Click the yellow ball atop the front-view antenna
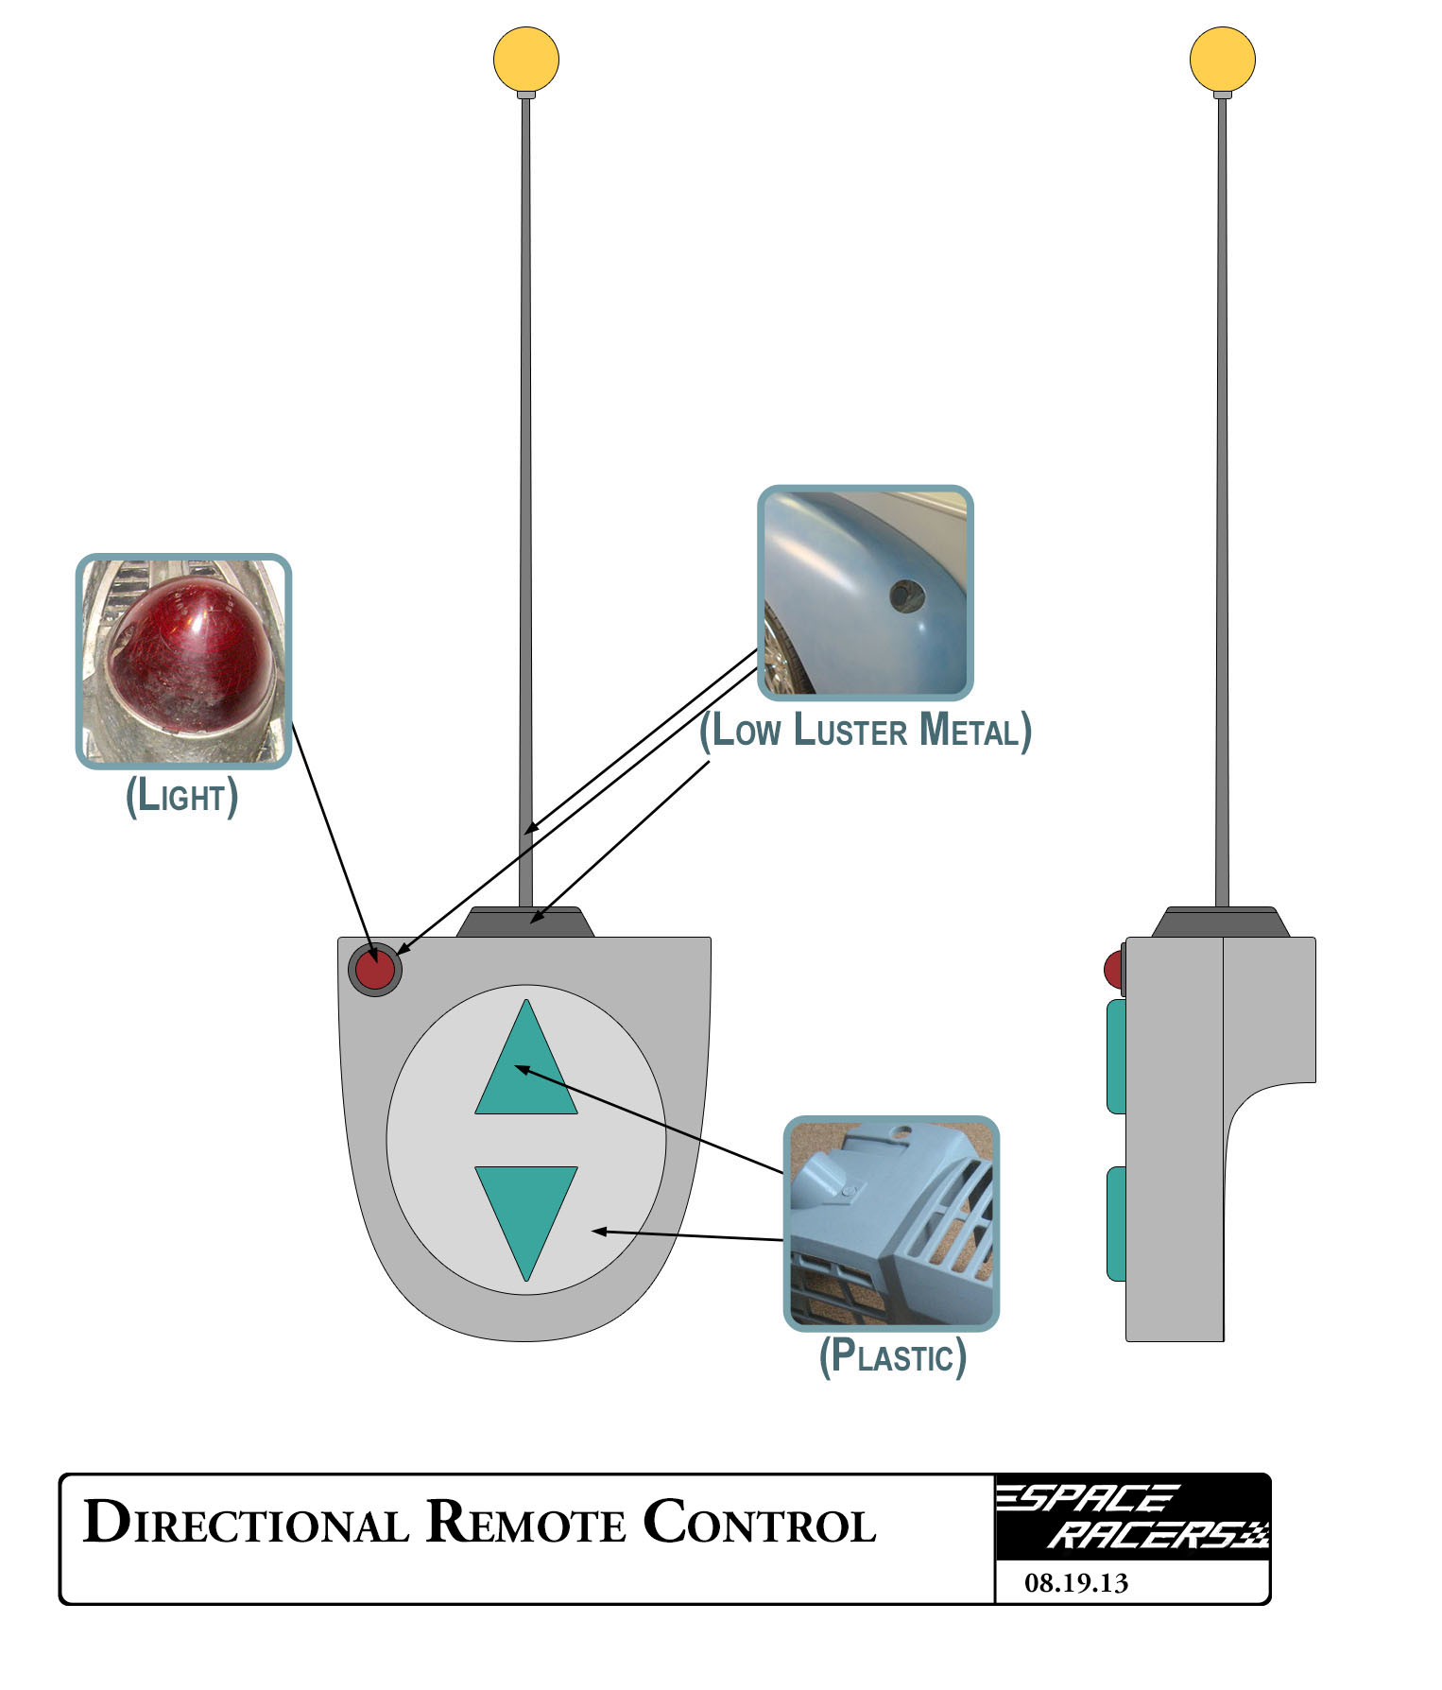(x=526, y=59)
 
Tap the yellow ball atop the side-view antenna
(x=1222, y=59)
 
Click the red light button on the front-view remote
(x=375, y=970)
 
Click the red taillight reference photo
(x=183, y=661)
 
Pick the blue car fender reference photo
(x=865, y=593)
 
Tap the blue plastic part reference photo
(x=891, y=1223)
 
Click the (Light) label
(x=181, y=796)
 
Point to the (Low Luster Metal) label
(x=865, y=732)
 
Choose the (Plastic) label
(x=892, y=1355)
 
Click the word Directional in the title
(x=246, y=1523)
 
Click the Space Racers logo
(x=1132, y=1517)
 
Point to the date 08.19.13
(x=1076, y=1583)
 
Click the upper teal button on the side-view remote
(x=1116, y=1056)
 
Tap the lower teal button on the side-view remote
(x=1116, y=1224)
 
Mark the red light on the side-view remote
(x=1112, y=969)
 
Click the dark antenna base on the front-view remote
(x=525, y=923)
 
